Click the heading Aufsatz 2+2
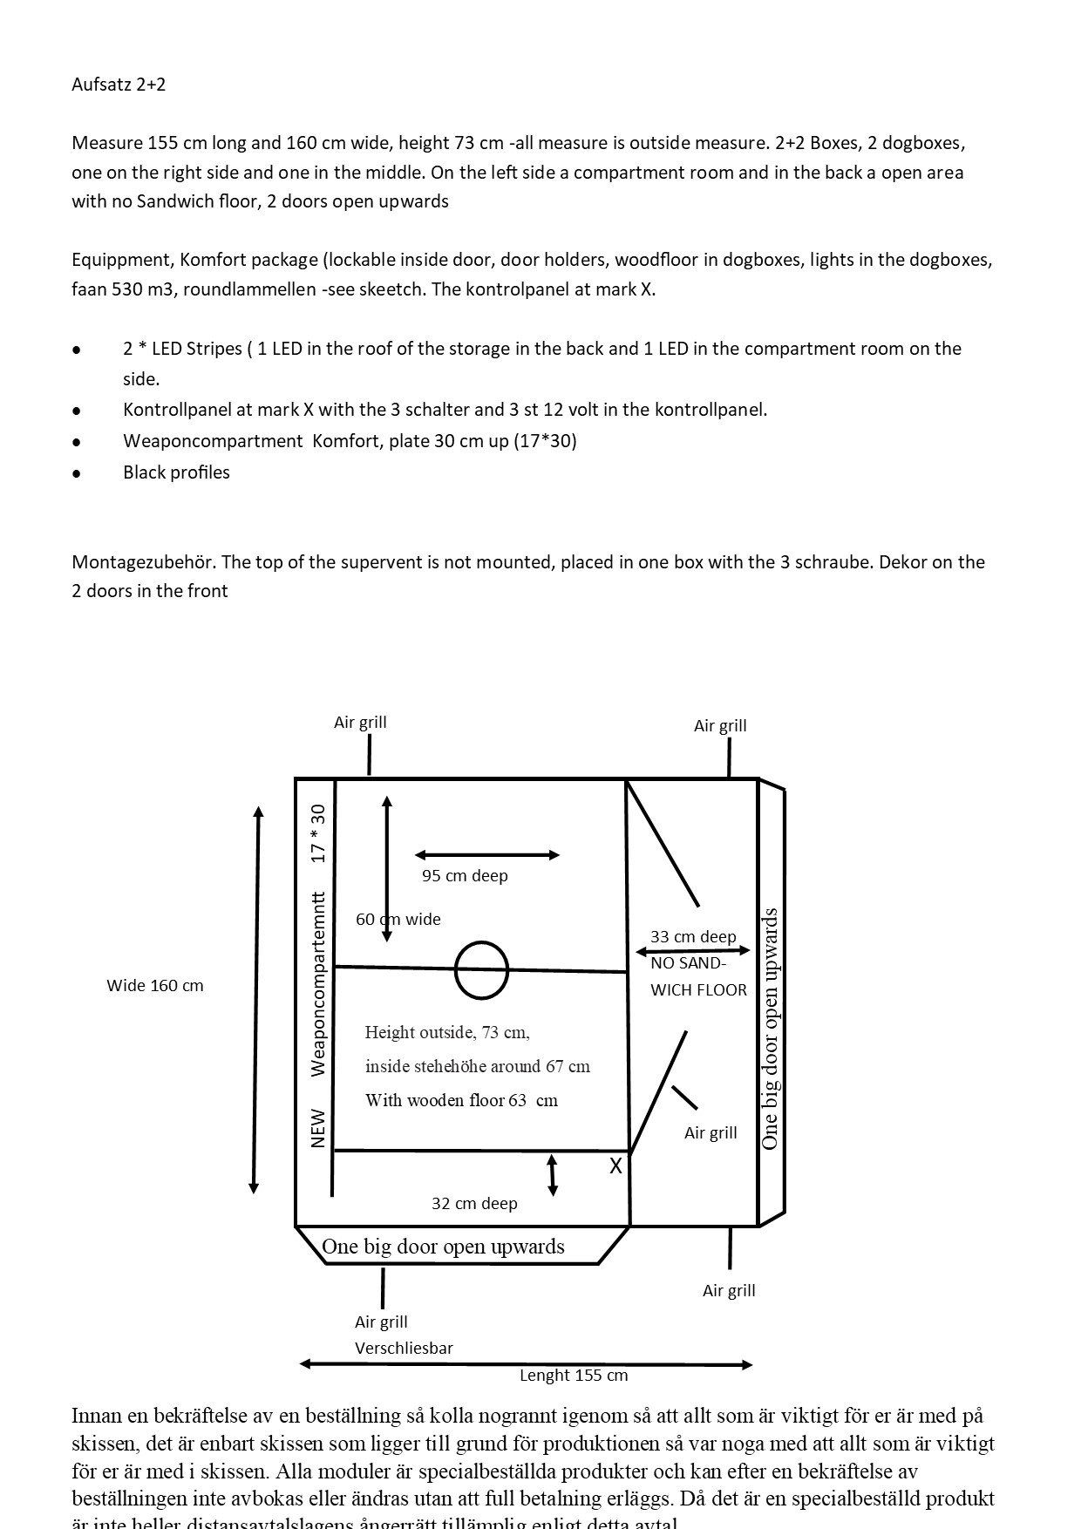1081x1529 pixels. [119, 85]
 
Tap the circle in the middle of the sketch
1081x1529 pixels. [481, 969]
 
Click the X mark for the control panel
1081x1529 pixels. [615, 1166]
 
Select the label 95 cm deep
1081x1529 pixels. [465, 875]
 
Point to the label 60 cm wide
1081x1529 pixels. [398, 919]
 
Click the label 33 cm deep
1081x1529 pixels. [693, 936]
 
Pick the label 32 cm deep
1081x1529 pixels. [474, 1203]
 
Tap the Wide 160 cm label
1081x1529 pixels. [155, 985]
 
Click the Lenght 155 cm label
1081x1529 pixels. [574, 1375]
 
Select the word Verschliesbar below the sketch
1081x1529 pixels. [404, 1348]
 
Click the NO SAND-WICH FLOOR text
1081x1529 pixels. [697, 976]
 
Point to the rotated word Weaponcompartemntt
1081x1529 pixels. [318, 983]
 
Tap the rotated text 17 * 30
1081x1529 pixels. [318, 833]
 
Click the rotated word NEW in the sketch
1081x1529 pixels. [318, 1128]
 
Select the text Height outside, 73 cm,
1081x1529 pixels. [447, 1032]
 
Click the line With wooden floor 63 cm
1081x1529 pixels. [461, 1100]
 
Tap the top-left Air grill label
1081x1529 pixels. [360, 722]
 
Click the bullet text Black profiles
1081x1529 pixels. [176, 472]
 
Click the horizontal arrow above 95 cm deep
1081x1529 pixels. [487, 855]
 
